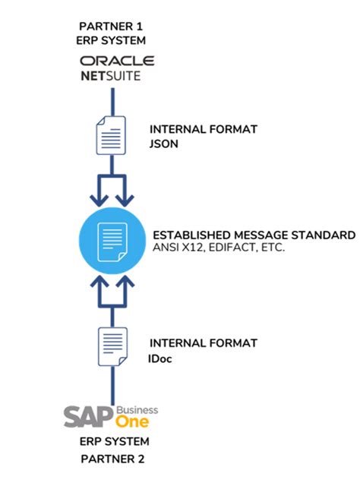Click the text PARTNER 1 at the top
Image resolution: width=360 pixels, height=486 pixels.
tap(114, 24)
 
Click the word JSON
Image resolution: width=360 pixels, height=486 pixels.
tap(165, 143)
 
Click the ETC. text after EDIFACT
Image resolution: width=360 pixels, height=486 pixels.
tap(271, 248)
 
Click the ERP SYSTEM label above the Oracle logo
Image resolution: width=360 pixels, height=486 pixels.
tap(114, 39)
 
